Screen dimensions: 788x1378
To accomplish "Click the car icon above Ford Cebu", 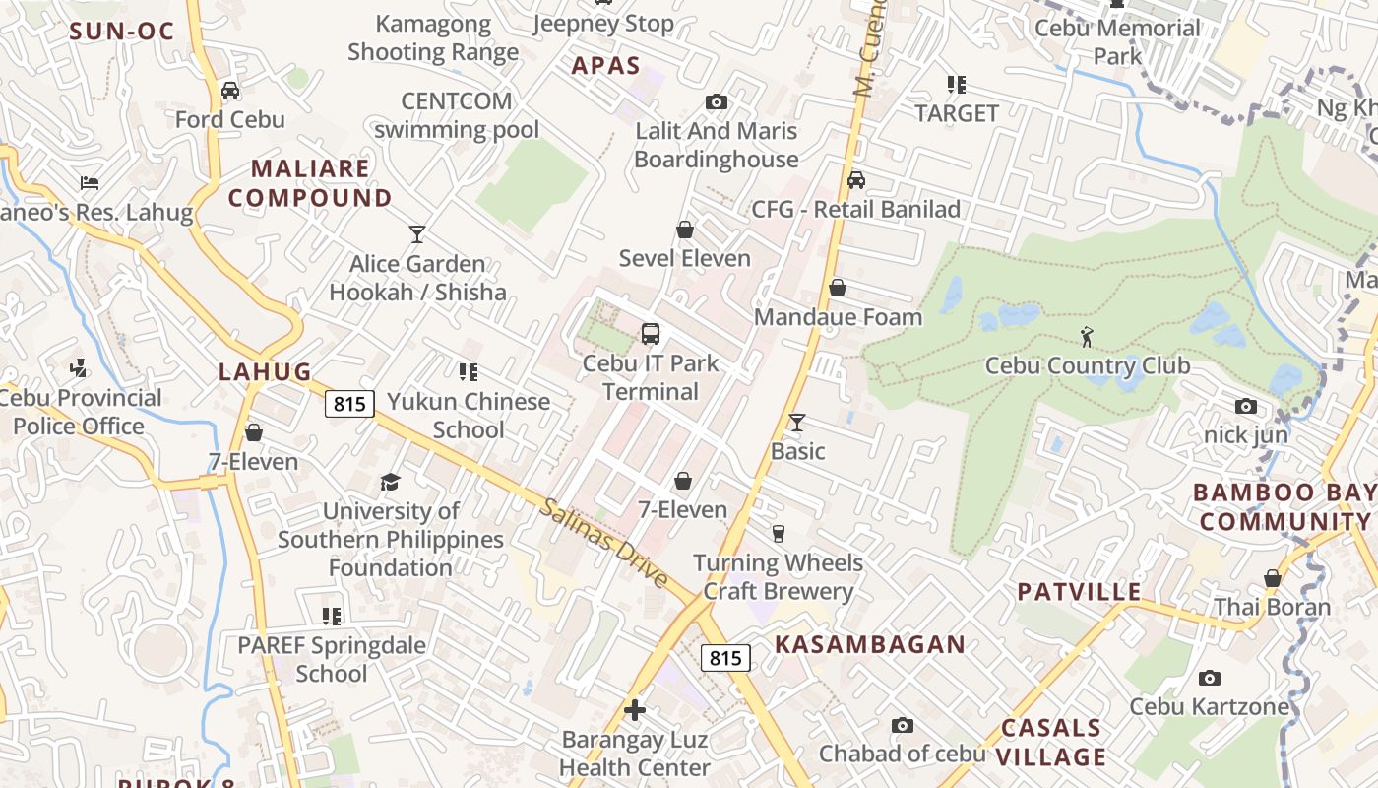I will point(230,91).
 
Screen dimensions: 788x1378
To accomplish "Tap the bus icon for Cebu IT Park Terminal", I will point(651,334).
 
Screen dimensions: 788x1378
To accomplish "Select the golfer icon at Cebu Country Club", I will point(1087,337).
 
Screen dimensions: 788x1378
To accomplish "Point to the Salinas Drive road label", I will point(604,544).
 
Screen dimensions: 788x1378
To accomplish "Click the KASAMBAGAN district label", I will point(869,645).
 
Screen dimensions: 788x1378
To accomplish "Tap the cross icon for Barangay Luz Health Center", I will point(635,709).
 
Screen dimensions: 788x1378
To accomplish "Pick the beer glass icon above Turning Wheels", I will point(779,534).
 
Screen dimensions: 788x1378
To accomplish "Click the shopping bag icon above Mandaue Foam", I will point(838,288).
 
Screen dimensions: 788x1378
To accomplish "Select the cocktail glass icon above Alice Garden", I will point(417,234).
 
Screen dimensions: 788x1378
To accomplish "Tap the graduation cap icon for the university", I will point(391,482).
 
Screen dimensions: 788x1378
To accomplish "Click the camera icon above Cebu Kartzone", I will point(1210,678).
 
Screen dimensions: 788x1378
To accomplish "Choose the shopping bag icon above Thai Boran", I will point(1273,578).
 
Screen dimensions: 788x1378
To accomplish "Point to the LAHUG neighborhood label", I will point(265,372).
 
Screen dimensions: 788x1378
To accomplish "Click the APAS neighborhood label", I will point(606,67).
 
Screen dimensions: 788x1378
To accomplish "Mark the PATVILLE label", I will point(1079,592).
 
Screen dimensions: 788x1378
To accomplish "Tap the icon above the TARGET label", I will point(957,85).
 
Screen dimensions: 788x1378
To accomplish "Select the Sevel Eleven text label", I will point(684,259).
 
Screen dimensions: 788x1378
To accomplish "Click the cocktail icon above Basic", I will point(797,423).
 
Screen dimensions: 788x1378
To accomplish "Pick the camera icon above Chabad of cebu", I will point(903,725).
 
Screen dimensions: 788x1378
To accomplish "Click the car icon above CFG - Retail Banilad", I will point(856,180).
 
